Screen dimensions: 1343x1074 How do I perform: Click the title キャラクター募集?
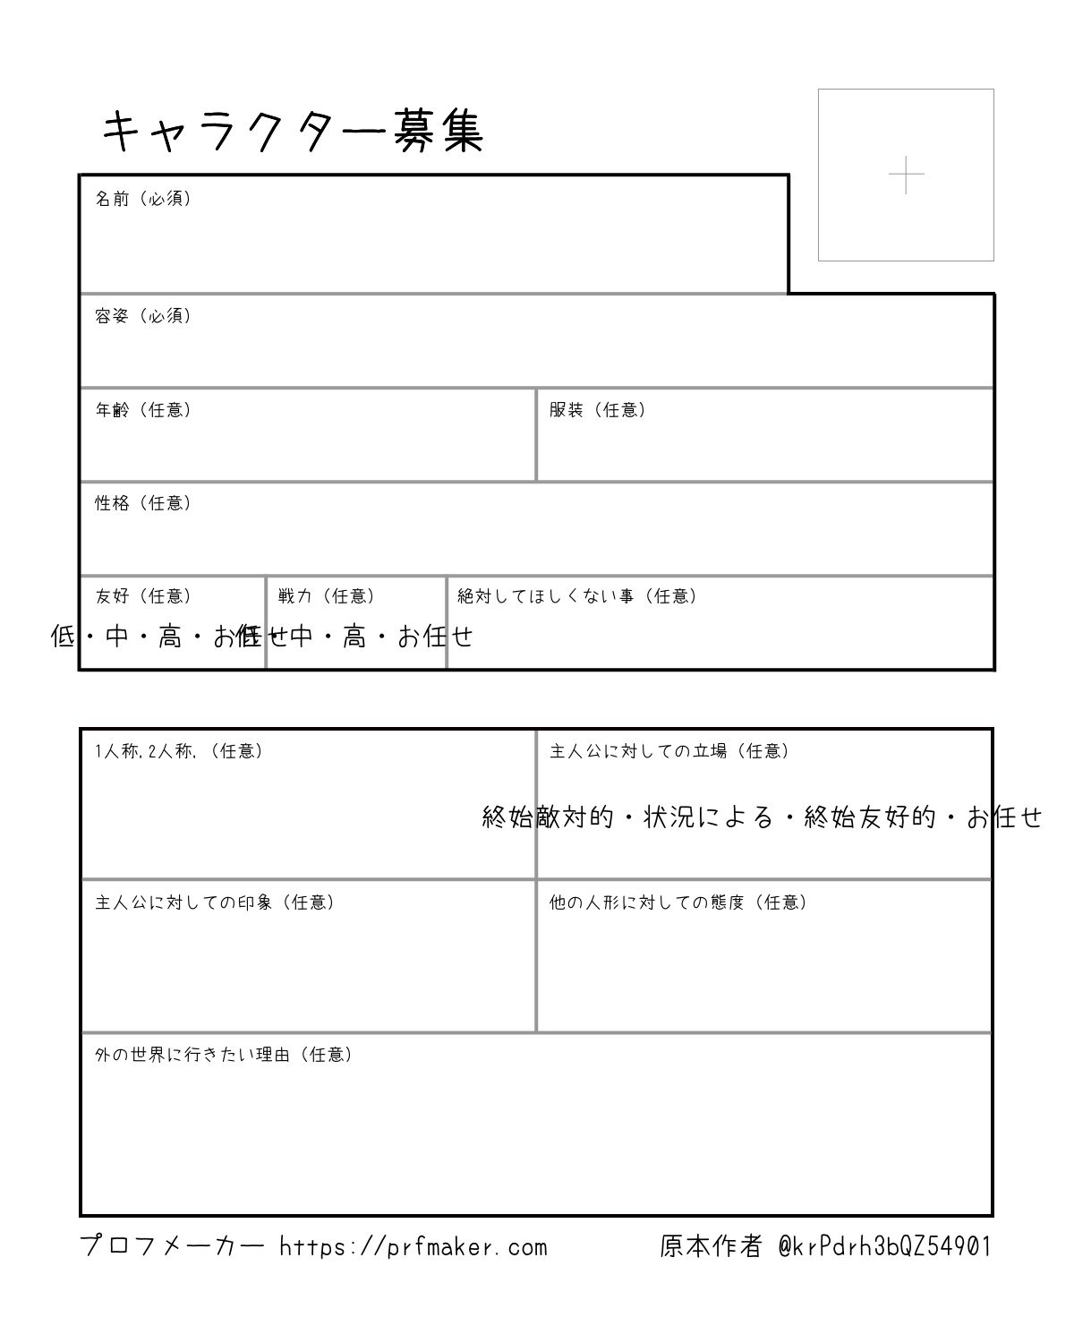point(293,133)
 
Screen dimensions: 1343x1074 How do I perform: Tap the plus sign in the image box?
point(906,175)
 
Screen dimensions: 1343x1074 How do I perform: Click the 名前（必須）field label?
point(143,199)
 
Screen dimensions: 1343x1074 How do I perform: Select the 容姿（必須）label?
point(143,316)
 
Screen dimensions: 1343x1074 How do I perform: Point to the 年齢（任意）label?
point(143,410)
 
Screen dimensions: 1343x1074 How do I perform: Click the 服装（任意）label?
point(597,410)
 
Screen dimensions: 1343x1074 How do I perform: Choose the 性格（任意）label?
point(143,503)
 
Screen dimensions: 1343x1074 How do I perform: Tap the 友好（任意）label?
point(143,596)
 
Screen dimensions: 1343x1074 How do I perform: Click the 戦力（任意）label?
point(327,596)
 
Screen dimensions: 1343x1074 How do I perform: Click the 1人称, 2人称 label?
point(179,751)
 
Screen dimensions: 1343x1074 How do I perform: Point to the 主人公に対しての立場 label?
point(669,751)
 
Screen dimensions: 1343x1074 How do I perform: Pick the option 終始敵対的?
point(548,817)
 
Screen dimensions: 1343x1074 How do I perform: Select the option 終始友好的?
point(870,817)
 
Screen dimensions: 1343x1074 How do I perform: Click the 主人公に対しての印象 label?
point(215,902)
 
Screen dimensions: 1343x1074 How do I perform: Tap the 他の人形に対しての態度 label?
point(678,902)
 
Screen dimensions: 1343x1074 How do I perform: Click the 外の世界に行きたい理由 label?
point(224,1055)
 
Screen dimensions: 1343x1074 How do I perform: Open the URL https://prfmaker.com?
point(413,1246)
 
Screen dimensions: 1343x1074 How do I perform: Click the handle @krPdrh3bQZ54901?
point(884,1246)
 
